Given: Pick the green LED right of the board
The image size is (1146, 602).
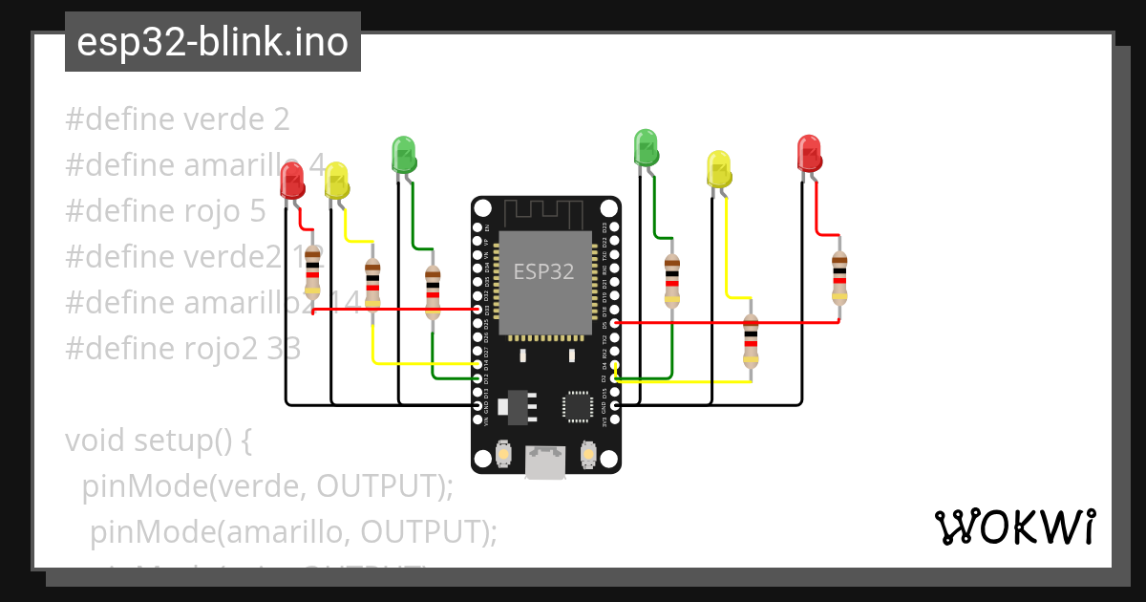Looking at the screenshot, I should [x=647, y=148].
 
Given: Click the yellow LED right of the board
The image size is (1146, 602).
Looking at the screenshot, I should [x=718, y=169].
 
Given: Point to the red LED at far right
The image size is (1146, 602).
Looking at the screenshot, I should [x=809, y=154].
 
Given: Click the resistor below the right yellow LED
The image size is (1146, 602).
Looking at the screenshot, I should [x=751, y=341].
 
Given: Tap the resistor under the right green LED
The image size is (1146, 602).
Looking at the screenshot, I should [x=672, y=278].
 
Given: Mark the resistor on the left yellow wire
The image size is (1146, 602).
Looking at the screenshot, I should [x=372, y=290].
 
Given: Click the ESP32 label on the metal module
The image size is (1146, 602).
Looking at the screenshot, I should [x=543, y=271].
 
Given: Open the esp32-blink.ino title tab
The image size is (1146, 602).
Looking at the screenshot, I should [x=212, y=42].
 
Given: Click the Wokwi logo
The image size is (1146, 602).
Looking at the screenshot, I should [x=1014, y=527].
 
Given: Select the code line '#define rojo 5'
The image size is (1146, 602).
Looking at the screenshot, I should [x=165, y=211].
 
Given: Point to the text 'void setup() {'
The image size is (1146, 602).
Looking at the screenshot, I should [x=158, y=441].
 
